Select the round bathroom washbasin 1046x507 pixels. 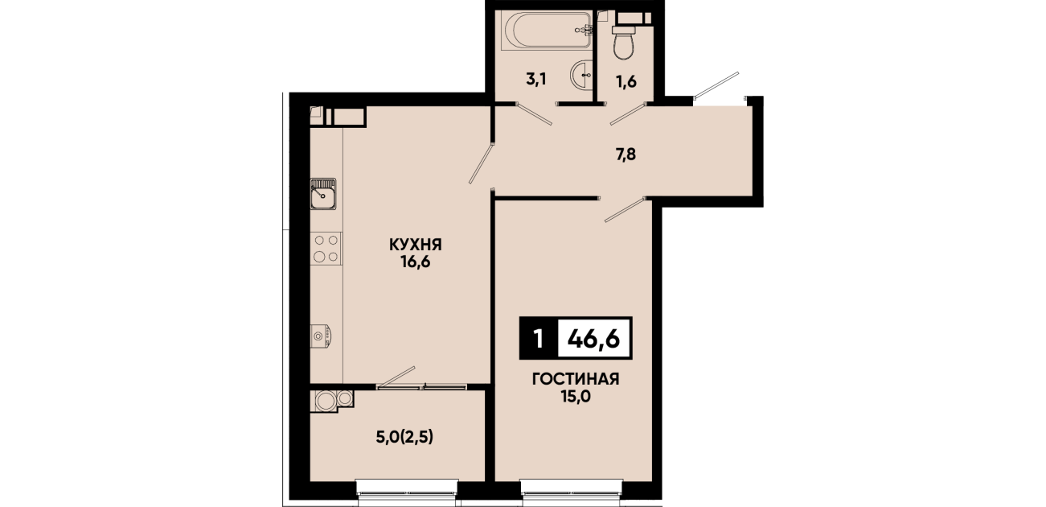pyautogui.click(x=581, y=75)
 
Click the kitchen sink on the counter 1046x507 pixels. pyautogui.click(x=323, y=193)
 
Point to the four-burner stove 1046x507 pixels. pyautogui.click(x=326, y=248)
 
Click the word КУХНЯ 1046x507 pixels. pyautogui.click(x=415, y=245)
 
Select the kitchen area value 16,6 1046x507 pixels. pyautogui.click(x=415, y=262)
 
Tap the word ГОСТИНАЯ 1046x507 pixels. pyautogui.click(x=576, y=379)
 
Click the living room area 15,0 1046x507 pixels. pyautogui.click(x=576, y=397)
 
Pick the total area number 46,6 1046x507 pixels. pyautogui.click(x=593, y=338)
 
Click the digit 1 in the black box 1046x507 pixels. pyautogui.click(x=539, y=338)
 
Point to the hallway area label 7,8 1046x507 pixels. pyautogui.click(x=626, y=155)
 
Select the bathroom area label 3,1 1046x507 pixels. pyautogui.click(x=536, y=80)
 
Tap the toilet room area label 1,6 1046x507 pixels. pyautogui.click(x=626, y=82)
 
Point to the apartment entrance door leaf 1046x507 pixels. pyautogui.click(x=716, y=85)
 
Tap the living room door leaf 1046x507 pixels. pyautogui.click(x=626, y=209)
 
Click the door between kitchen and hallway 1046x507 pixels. pyautogui.click(x=482, y=163)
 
